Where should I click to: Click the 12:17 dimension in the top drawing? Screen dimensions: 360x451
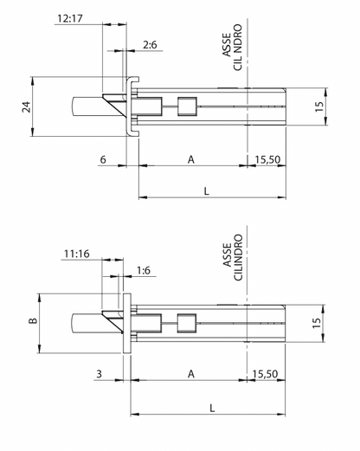[70, 18]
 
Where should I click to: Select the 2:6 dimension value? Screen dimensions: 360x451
[150, 45]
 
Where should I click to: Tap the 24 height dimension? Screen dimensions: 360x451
[27, 106]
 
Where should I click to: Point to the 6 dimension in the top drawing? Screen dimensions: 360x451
[103, 159]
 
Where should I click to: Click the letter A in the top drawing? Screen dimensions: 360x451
[191, 159]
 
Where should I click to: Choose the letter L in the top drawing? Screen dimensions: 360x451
[207, 191]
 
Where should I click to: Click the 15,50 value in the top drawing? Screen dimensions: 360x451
[267, 159]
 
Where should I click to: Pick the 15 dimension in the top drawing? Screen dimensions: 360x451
[319, 106]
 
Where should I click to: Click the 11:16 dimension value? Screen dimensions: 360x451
[77, 254]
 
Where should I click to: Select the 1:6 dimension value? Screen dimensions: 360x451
[144, 270]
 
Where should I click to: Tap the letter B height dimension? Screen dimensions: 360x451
[34, 320]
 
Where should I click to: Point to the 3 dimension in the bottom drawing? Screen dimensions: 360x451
[100, 374]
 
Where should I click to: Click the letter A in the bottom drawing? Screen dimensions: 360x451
[191, 374]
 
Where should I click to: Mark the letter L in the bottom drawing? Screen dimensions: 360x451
[212, 408]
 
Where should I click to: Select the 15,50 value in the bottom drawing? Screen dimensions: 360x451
[265, 374]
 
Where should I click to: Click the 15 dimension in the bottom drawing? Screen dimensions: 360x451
[317, 323]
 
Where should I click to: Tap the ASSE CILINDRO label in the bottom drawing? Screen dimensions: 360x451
[233, 257]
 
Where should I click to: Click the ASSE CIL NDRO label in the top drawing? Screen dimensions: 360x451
[232, 48]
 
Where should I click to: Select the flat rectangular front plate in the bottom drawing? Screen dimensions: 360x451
[127, 323]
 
